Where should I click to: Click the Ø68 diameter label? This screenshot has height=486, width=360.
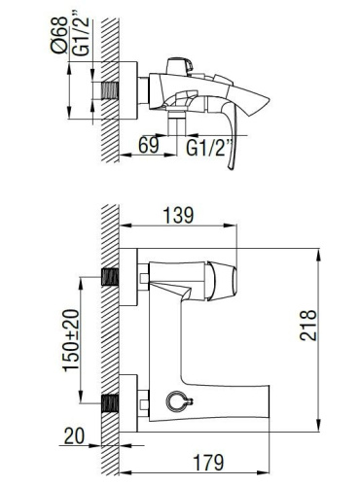59,35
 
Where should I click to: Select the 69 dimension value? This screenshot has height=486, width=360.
149,145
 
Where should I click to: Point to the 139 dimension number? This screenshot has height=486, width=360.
178,215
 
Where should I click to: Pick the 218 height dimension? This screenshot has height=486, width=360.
307,326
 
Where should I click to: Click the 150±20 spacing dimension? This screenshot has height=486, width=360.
71,340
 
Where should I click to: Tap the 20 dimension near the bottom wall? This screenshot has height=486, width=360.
74,435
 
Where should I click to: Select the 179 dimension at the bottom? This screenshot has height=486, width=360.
208,463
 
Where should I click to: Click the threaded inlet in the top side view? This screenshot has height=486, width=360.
110,90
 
